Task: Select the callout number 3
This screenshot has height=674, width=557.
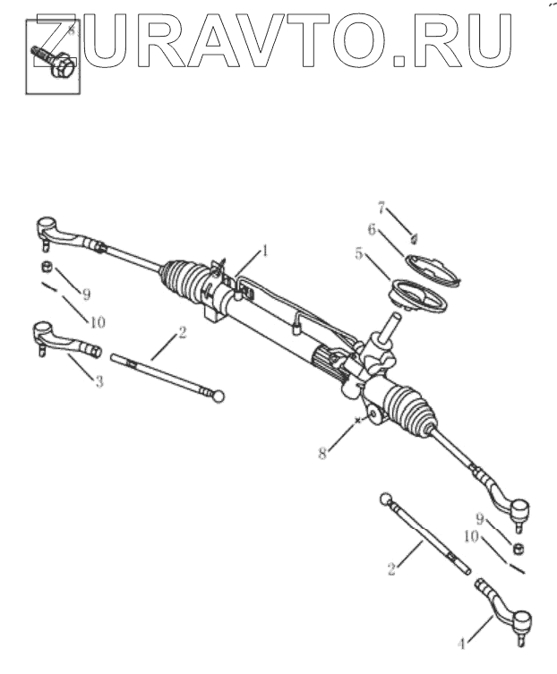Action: pos(99,381)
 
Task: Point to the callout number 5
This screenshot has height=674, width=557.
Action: pos(360,254)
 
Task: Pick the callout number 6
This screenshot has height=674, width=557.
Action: pos(372,229)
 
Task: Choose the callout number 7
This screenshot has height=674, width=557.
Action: pos(381,209)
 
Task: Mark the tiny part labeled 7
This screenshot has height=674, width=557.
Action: pos(415,237)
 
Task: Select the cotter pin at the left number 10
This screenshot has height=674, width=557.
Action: pos(50,287)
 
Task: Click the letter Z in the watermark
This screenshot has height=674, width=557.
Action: pos(61,39)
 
